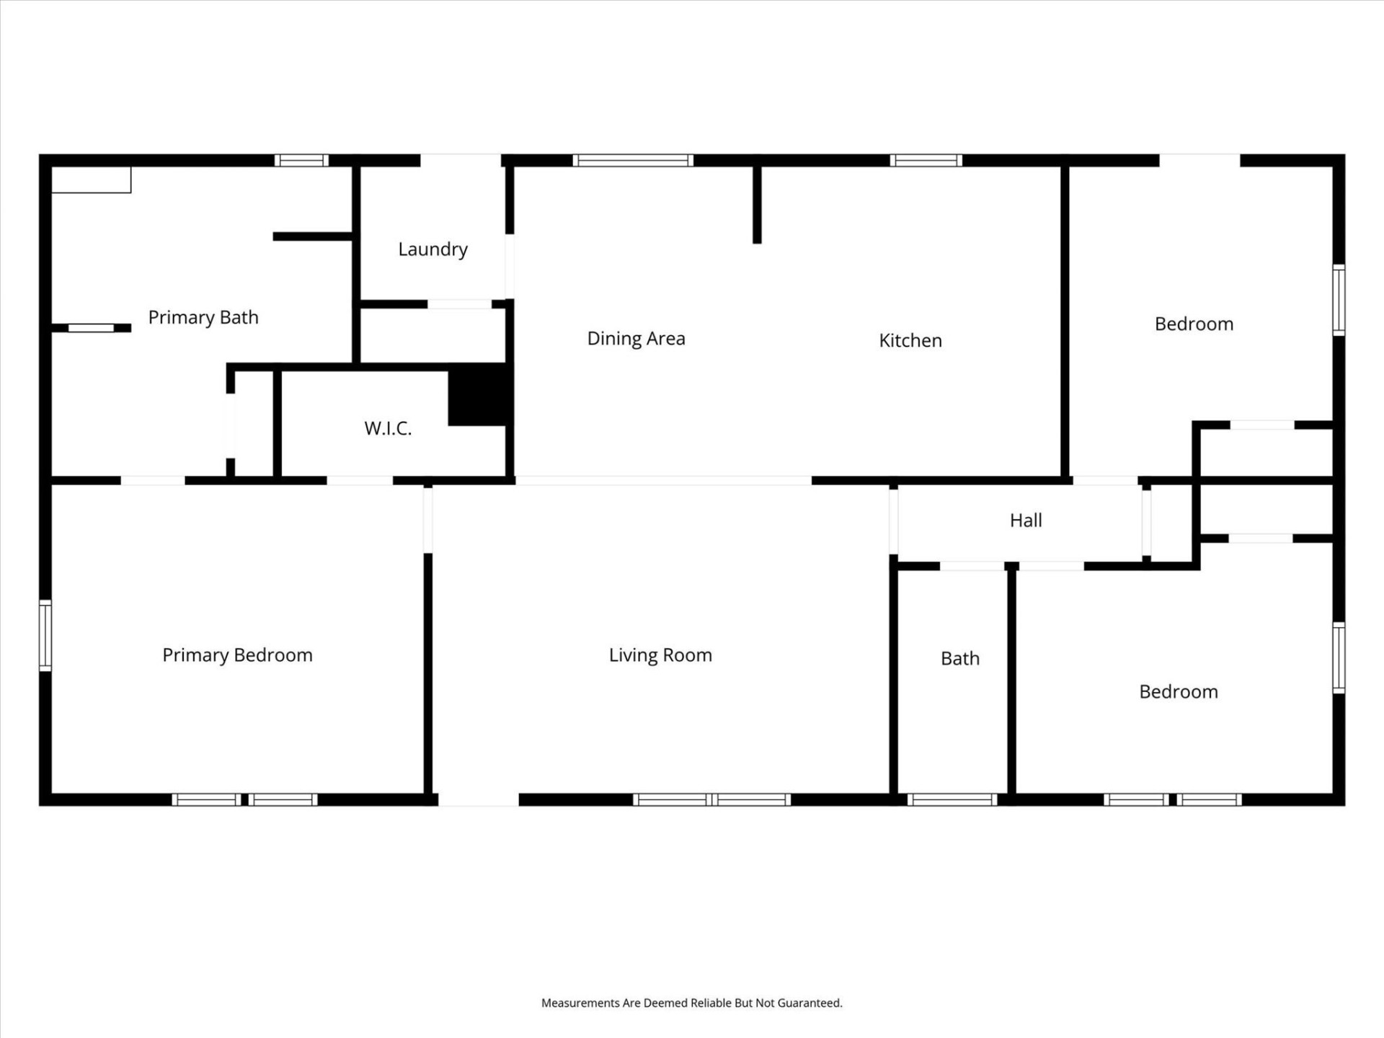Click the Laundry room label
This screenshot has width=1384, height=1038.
pyautogui.click(x=432, y=249)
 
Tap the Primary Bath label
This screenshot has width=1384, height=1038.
pyautogui.click(x=203, y=317)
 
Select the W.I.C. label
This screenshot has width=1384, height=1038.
pyautogui.click(x=388, y=428)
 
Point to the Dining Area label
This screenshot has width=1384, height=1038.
pyautogui.click(x=636, y=339)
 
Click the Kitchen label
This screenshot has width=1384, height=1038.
pyautogui.click(x=910, y=340)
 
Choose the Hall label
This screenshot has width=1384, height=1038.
pyautogui.click(x=1026, y=520)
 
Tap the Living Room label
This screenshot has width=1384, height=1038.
pyautogui.click(x=660, y=655)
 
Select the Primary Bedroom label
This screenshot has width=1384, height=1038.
pyautogui.click(x=237, y=655)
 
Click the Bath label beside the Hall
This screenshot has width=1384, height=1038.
pyautogui.click(x=960, y=658)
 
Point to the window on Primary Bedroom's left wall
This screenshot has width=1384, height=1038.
pyautogui.click(x=45, y=635)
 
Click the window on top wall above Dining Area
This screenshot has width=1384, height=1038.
pyautogui.click(x=633, y=160)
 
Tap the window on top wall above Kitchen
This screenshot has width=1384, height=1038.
pyautogui.click(x=926, y=160)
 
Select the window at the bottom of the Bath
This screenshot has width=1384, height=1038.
pyautogui.click(x=951, y=799)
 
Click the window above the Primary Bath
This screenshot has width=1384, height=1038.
pyautogui.click(x=301, y=160)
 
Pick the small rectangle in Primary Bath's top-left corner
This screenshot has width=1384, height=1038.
pyautogui.click(x=92, y=180)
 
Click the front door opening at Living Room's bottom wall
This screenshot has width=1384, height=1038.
pyautogui.click(x=479, y=799)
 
